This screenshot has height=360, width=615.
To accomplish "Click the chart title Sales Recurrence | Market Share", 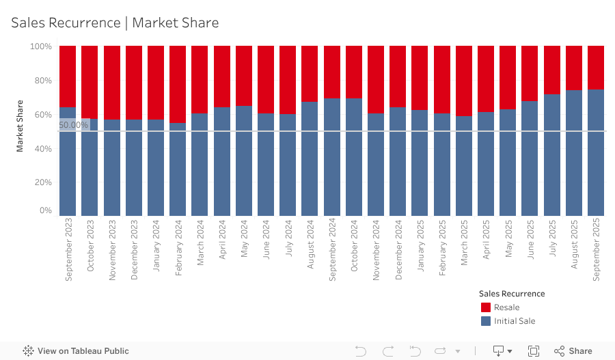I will tap(115, 23).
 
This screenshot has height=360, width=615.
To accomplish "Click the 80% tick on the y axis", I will tap(42, 81).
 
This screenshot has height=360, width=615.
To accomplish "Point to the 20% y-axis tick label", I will tap(42, 182).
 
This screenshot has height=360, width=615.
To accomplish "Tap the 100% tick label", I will tap(40, 46).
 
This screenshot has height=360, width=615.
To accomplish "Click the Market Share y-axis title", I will tap(20, 126).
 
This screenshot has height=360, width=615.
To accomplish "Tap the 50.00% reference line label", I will tap(74, 125).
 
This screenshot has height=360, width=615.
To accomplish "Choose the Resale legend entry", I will tap(506, 307).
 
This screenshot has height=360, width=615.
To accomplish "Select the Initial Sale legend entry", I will tap(514, 321).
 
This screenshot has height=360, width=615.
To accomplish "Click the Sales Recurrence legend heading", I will tap(512, 293).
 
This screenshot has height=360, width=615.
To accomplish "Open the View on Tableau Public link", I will tap(76, 351).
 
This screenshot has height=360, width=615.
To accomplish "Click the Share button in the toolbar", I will tap(573, 351).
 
